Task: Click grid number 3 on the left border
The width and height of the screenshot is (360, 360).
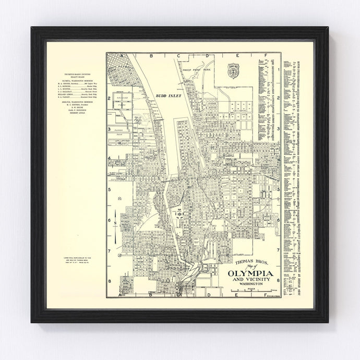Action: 109,129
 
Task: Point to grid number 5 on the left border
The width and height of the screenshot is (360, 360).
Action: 109,190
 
